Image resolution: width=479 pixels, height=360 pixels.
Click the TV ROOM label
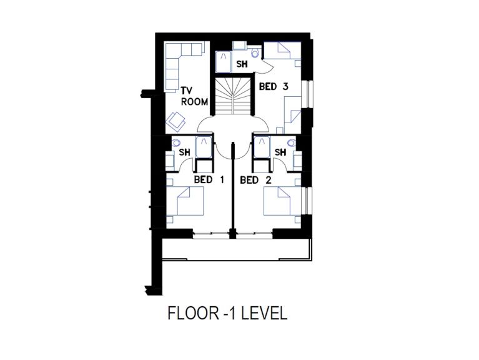point(194,96)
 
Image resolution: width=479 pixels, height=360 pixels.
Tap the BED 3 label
point(274,87)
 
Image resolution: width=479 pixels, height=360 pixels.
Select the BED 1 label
point(209,180)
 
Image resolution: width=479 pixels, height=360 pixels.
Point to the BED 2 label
point(255,180)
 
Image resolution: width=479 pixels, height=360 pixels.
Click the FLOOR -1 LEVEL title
point(227,313)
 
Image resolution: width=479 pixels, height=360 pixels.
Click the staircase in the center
point(234,96)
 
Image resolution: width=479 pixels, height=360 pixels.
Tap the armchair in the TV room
point(175,121)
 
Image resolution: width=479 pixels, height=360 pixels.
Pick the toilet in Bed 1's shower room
point(176,142)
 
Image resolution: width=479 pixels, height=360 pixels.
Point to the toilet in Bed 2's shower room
point(292,142)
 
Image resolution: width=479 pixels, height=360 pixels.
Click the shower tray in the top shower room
point(224,62)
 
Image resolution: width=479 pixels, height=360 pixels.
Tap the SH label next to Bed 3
point(242,64)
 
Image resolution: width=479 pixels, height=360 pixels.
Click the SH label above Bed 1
point(184,152)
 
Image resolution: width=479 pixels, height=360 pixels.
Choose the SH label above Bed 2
point(280,152)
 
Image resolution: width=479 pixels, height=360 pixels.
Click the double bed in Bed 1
point(185,201)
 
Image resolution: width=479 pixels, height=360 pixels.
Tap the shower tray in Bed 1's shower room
point(204,147)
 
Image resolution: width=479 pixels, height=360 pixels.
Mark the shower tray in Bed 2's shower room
point(262,147)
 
